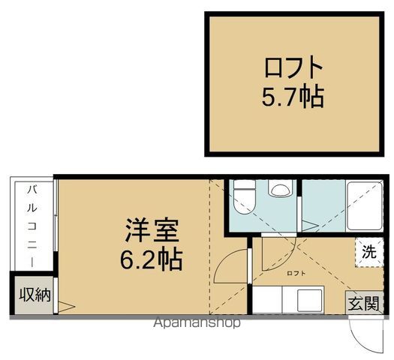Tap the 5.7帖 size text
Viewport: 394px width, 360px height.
(293, 96)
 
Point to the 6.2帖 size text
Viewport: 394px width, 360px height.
(151, 259)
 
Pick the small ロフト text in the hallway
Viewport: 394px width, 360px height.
(296, 274)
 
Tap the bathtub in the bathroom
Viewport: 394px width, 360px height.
(366, 206)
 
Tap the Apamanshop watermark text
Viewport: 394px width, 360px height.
(197, 323)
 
